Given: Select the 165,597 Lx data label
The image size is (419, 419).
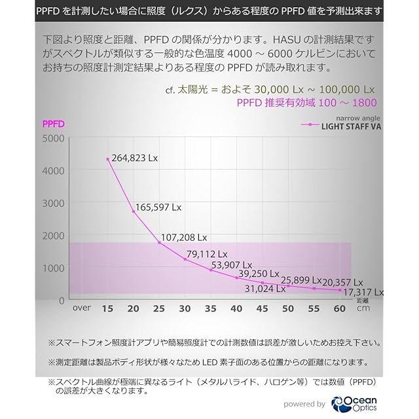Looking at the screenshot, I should [x=158, y=209].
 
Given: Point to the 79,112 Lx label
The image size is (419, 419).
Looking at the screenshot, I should [x=207, y=254].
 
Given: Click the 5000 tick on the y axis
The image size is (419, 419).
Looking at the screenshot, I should [x=53, y=138].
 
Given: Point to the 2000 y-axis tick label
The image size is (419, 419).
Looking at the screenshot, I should [x=53, y=236].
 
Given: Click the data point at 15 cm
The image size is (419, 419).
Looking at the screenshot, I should [x=108, y=159].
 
